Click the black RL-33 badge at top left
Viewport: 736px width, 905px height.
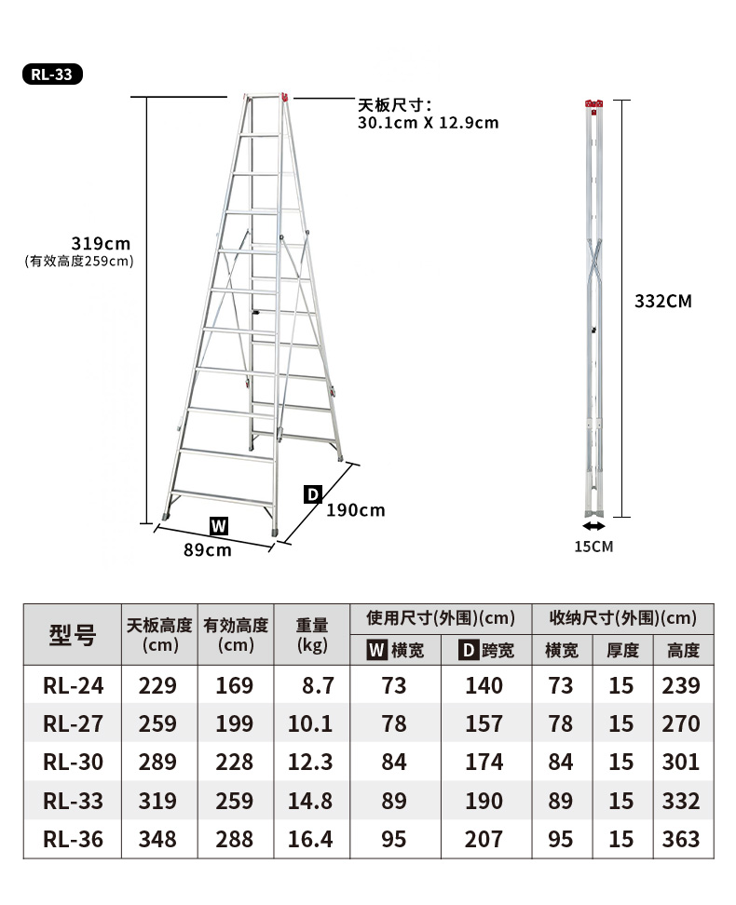click(52, 74)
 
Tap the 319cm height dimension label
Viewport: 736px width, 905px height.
click(102, 243)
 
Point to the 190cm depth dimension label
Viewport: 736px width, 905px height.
click(356, 510)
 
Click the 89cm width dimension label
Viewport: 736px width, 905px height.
click(208, 550)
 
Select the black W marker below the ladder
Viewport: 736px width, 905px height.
click(219, 526)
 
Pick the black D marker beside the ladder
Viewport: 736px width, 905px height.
click(312, 494)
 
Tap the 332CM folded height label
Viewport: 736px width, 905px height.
click(663, 301)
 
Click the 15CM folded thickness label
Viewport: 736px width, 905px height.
click(593, 547)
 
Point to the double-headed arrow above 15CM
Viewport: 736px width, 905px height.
click(593, 526)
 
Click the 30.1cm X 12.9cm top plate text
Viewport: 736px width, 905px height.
click(428, 123)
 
